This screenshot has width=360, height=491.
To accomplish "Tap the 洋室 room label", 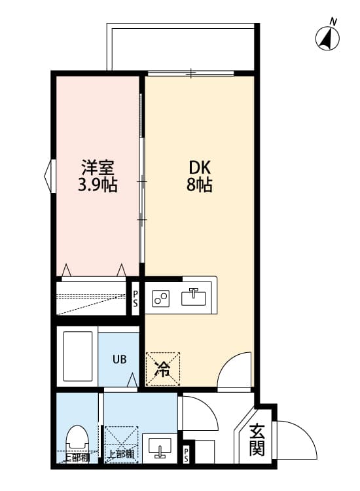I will coord(98,167).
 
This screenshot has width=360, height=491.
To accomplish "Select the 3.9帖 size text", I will coord(98,185).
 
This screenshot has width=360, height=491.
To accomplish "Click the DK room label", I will coord(199,167).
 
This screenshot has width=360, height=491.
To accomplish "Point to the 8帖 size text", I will coord(199,185).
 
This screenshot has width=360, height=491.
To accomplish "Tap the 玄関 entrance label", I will coord(257,440).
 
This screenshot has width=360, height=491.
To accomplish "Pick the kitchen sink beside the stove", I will coord(194,297).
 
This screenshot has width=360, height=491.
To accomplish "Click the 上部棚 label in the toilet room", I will coord(77,458).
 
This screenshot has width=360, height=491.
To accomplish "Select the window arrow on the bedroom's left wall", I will coord(48,176).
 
